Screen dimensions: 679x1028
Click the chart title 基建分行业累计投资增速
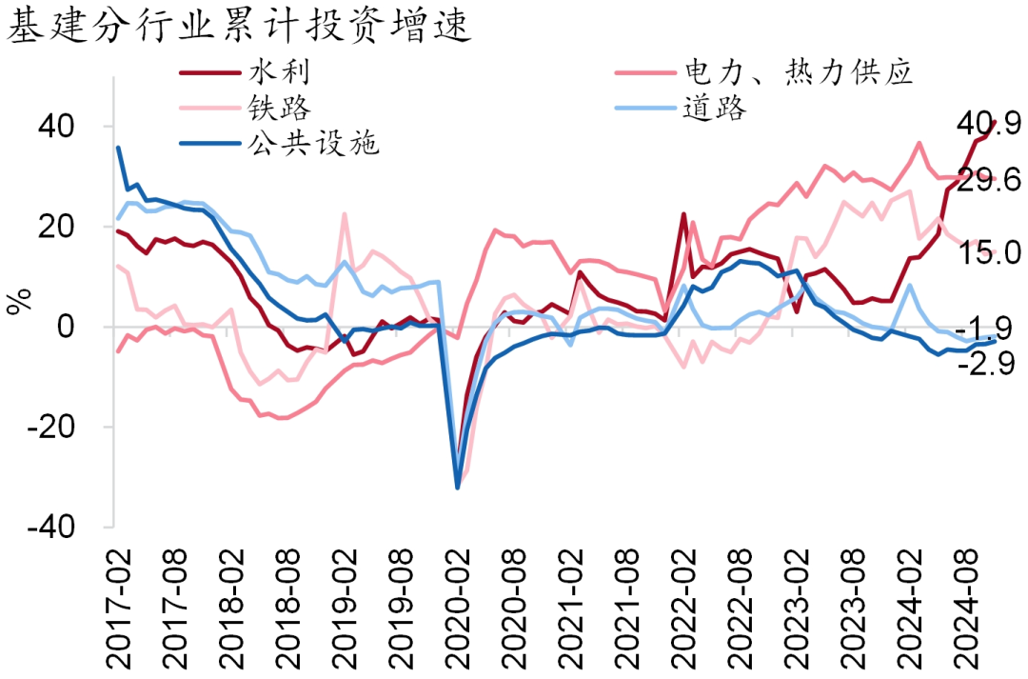(240, 26)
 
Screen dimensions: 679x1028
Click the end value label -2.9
(986, 363)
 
